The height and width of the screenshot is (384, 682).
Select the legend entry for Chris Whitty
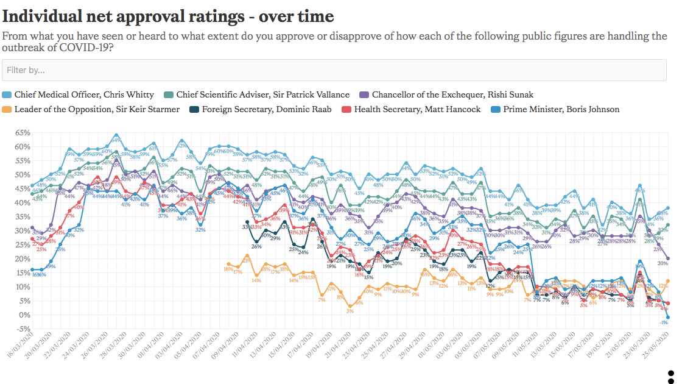[79, 94]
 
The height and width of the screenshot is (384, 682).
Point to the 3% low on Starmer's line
[350, 311]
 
